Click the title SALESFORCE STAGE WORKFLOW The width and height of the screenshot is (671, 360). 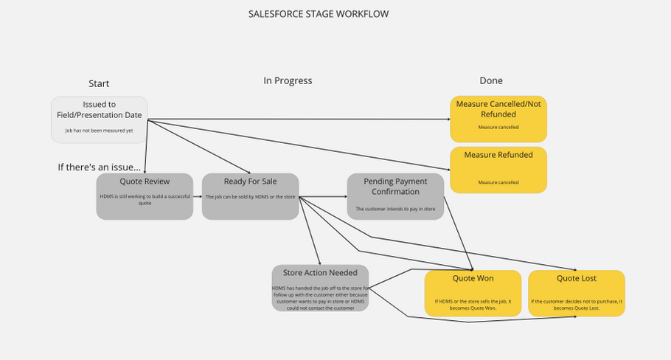(319, 13)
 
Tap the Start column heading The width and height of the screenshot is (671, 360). (99, 83)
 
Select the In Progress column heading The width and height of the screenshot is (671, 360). (288, 80)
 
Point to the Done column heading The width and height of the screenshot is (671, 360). (491, 80)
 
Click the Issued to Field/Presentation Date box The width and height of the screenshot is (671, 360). (99, 119)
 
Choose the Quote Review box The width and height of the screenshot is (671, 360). (145, 196)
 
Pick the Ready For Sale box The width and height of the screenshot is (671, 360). (250, 196)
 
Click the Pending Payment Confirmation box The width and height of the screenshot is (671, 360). (395, 195)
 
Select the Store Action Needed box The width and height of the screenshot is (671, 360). (320, 288)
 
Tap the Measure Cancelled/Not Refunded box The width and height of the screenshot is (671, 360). (498, 118)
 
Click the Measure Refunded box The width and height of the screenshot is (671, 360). (498, 170)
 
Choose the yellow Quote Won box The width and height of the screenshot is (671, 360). (473, 294)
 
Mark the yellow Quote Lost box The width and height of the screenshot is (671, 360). (577, 294)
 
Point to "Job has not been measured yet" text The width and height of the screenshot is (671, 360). (99, 131)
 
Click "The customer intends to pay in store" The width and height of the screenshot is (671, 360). (395, 209)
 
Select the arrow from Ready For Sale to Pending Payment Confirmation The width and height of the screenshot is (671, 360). (323, 197)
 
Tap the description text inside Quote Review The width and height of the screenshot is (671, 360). (145, 200)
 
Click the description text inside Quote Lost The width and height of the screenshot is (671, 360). (577, 304)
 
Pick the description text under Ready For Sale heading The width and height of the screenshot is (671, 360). (250, 197)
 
